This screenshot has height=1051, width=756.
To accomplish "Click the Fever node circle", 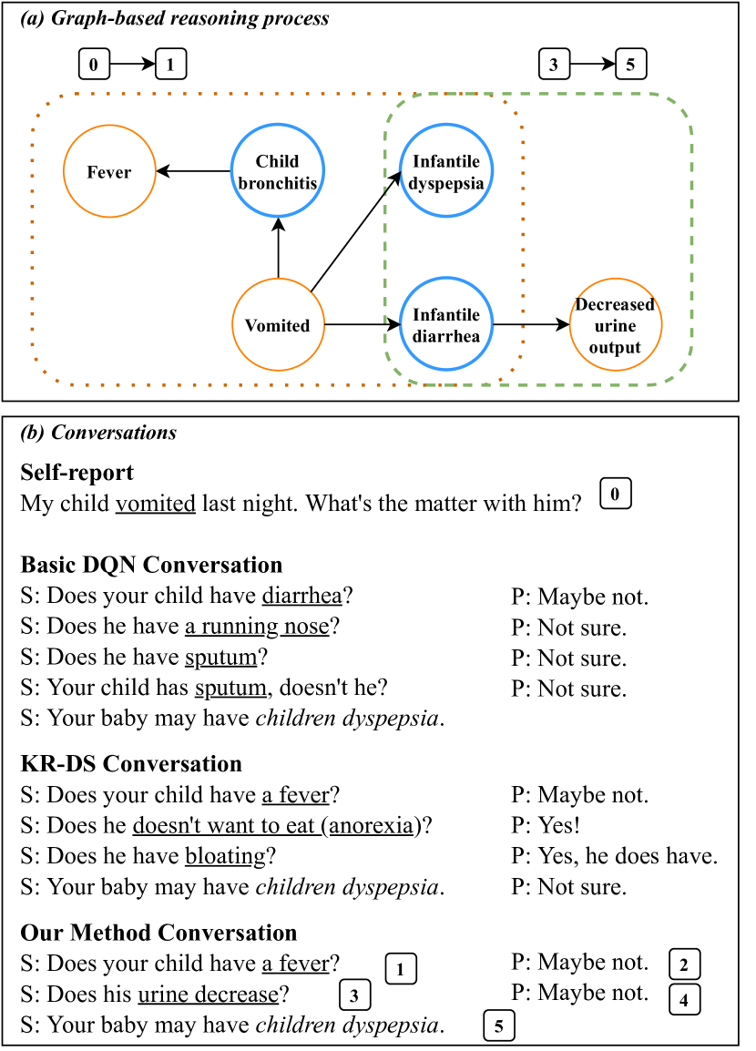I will (x=109, y=172).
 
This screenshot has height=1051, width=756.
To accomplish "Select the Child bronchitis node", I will (x=278, y=172).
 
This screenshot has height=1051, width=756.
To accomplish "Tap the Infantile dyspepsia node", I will (x=446, y=172).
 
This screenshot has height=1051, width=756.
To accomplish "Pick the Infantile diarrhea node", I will (x=446, y=324).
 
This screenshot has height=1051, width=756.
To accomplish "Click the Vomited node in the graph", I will (x=278, y=325).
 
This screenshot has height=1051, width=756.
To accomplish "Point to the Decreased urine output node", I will (x=615, y=325).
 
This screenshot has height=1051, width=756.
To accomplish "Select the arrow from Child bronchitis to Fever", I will (x=193, y=171).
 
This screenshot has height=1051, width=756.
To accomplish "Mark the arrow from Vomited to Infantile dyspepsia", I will (x=355, y=233).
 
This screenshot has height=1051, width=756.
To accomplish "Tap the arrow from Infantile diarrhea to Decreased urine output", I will (x=530, y=324).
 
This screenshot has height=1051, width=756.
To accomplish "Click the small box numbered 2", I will (x=684, y=964).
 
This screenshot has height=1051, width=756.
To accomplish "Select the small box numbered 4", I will (x=684, y=999).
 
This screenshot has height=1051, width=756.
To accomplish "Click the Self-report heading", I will (x=77, y=473).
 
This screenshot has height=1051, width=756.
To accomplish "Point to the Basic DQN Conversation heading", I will (x=151, y=565).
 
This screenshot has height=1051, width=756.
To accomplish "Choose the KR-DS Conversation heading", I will (x=131, y=763).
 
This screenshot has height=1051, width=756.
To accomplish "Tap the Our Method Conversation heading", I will (x=158, y=933).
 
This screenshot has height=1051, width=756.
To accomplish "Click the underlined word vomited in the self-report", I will (x=155, y=504).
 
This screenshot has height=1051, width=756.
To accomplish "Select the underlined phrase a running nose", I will (x=256, y=627).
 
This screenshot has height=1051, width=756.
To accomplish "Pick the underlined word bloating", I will (x=224, y=856).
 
